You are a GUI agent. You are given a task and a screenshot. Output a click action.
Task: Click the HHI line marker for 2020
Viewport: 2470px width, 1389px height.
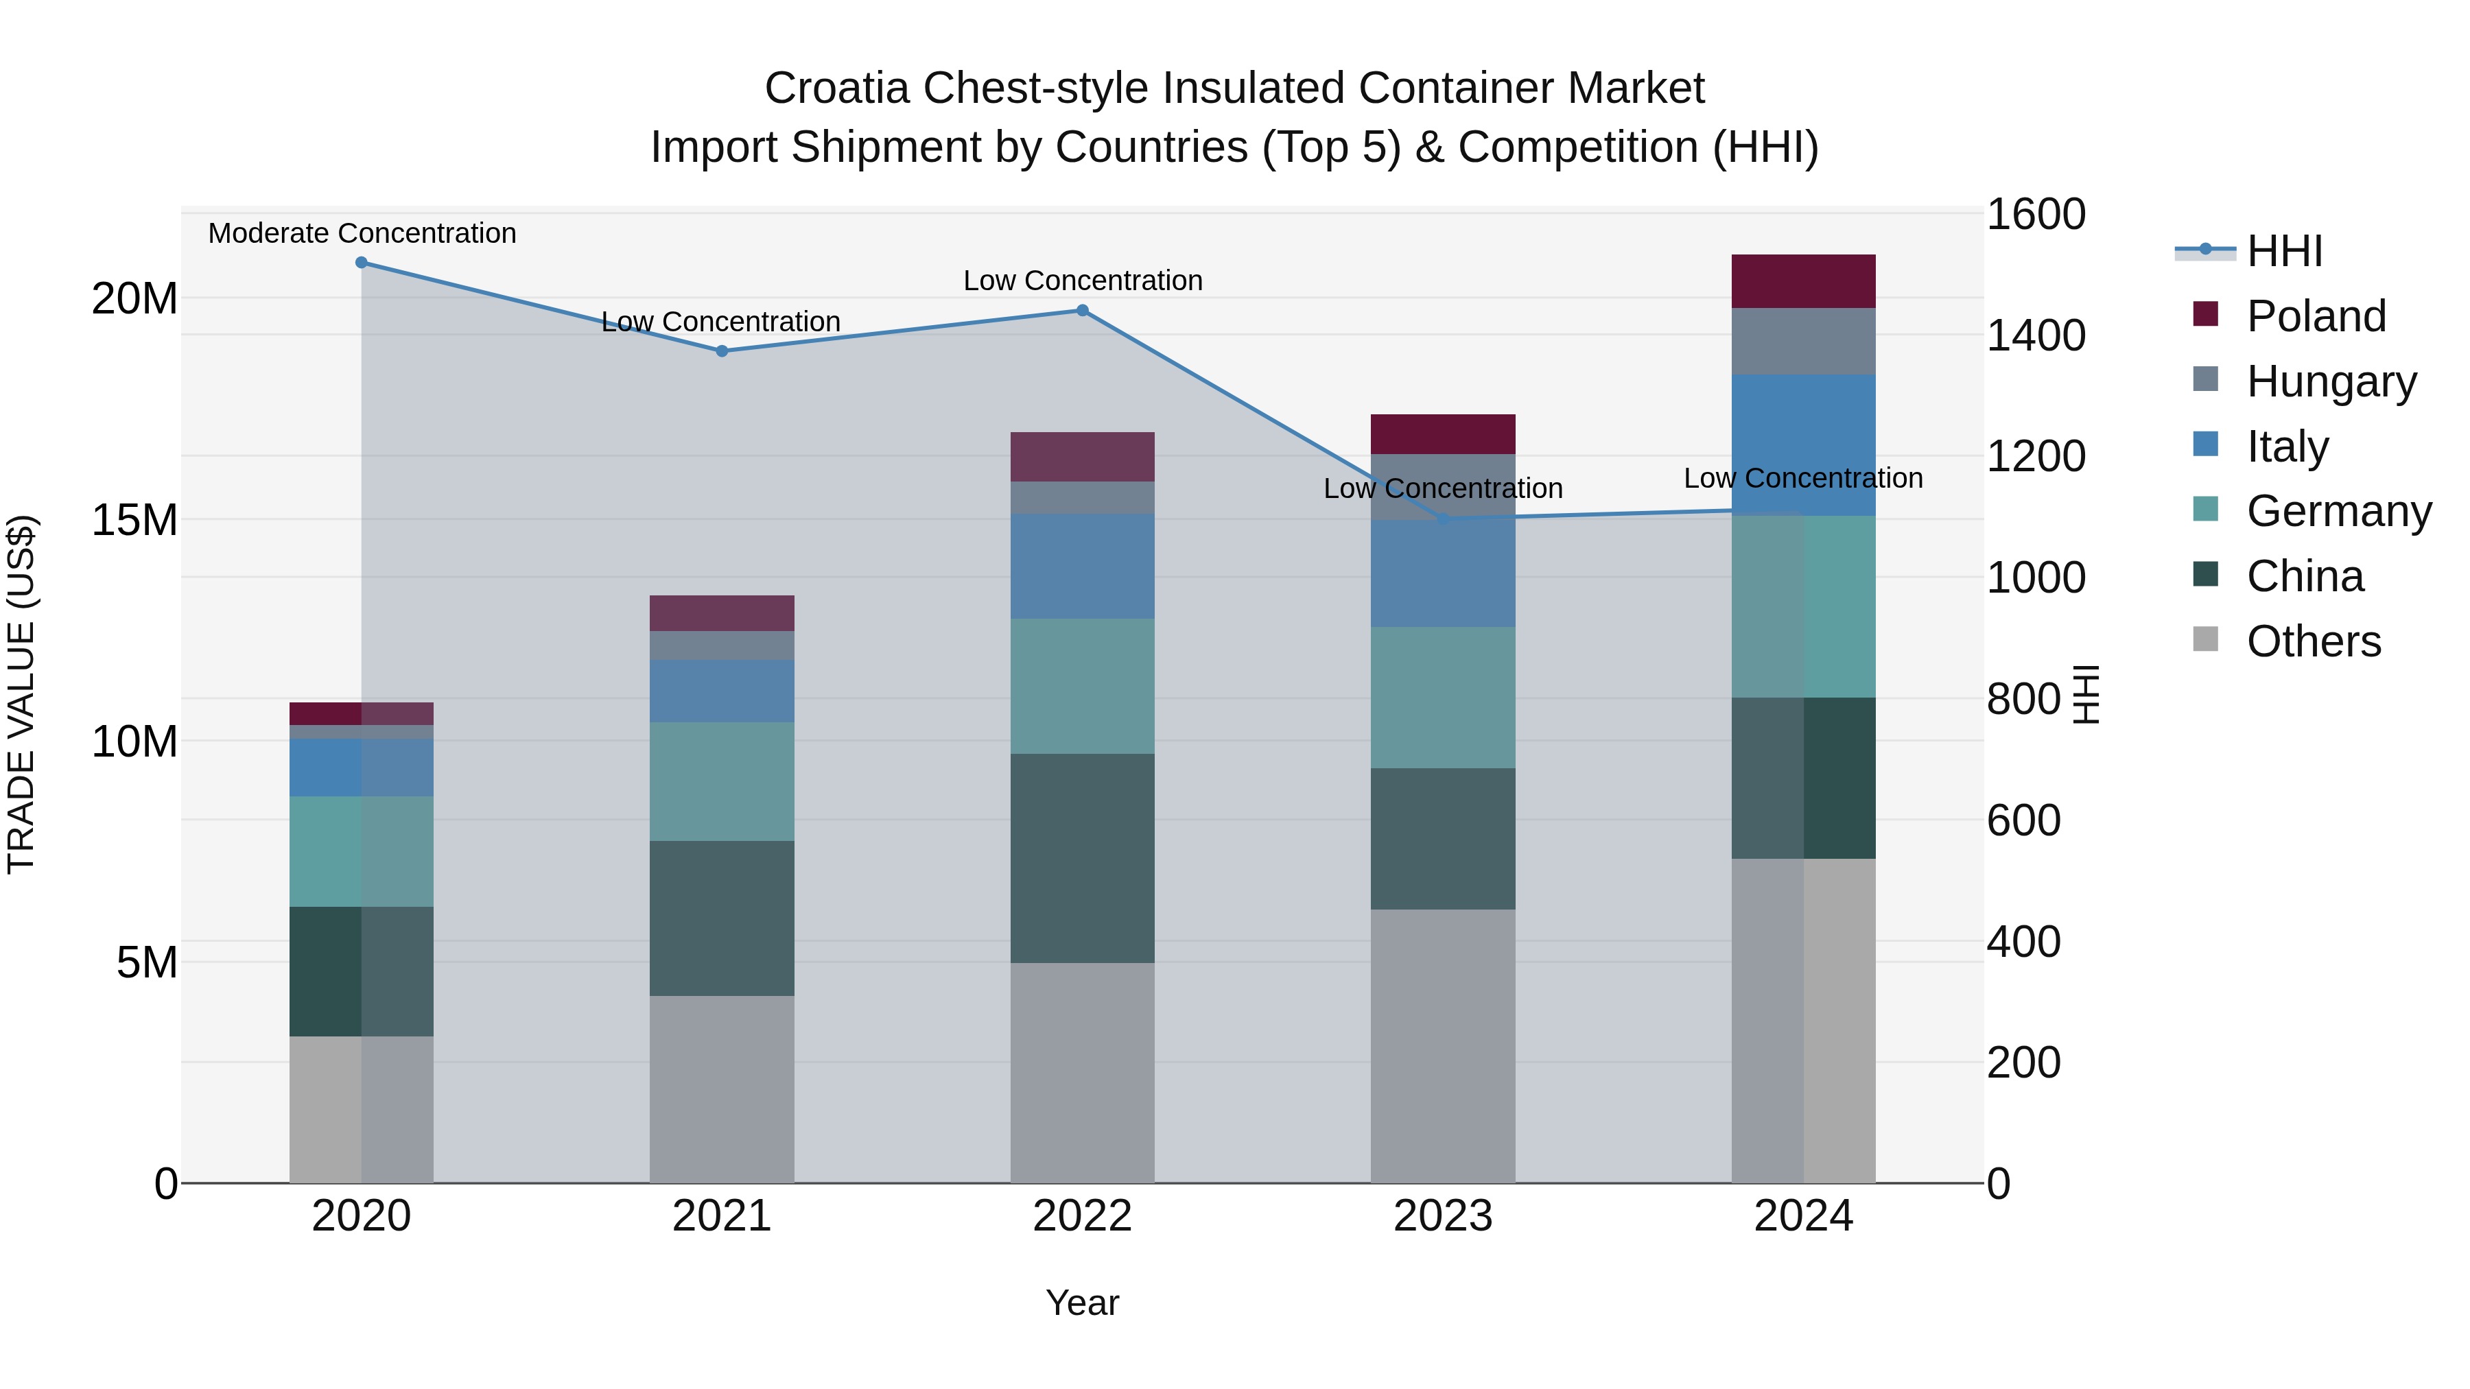click(362, 263)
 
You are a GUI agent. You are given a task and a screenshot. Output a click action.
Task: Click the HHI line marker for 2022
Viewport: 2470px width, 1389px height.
click(1083, 311)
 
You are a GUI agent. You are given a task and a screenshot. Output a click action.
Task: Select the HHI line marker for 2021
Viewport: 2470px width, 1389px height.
click(722, 351)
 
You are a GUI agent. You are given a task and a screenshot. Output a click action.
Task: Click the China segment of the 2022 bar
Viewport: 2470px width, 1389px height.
click(1083, 858)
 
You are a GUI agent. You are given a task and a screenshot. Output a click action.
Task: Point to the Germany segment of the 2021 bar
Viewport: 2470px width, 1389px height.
click(722, 781)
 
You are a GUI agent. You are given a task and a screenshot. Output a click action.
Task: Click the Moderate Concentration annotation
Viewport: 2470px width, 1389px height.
click(362, 233)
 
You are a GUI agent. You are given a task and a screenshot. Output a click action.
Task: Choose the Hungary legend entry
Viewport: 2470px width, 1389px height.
click(2330, 381)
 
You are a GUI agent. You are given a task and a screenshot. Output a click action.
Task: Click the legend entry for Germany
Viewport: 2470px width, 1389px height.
click(2338, 511)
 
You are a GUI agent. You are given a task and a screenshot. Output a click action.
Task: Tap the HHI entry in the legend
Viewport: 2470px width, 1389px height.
click(2284, 251)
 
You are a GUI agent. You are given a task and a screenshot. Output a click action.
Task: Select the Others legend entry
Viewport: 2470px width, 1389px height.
click(2313, 641)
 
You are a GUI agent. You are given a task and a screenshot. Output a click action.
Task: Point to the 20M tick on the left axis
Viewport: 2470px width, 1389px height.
click(134, 299)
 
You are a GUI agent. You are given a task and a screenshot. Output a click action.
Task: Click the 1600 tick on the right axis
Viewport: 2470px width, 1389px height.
click(2035, 214)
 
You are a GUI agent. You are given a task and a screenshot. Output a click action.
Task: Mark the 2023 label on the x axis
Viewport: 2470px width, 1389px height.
click(1442, 1216)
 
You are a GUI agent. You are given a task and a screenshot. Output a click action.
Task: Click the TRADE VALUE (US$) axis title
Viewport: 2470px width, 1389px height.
click(21, 694)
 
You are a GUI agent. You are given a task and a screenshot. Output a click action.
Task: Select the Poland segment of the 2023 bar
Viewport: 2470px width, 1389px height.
click(1442, 434)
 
